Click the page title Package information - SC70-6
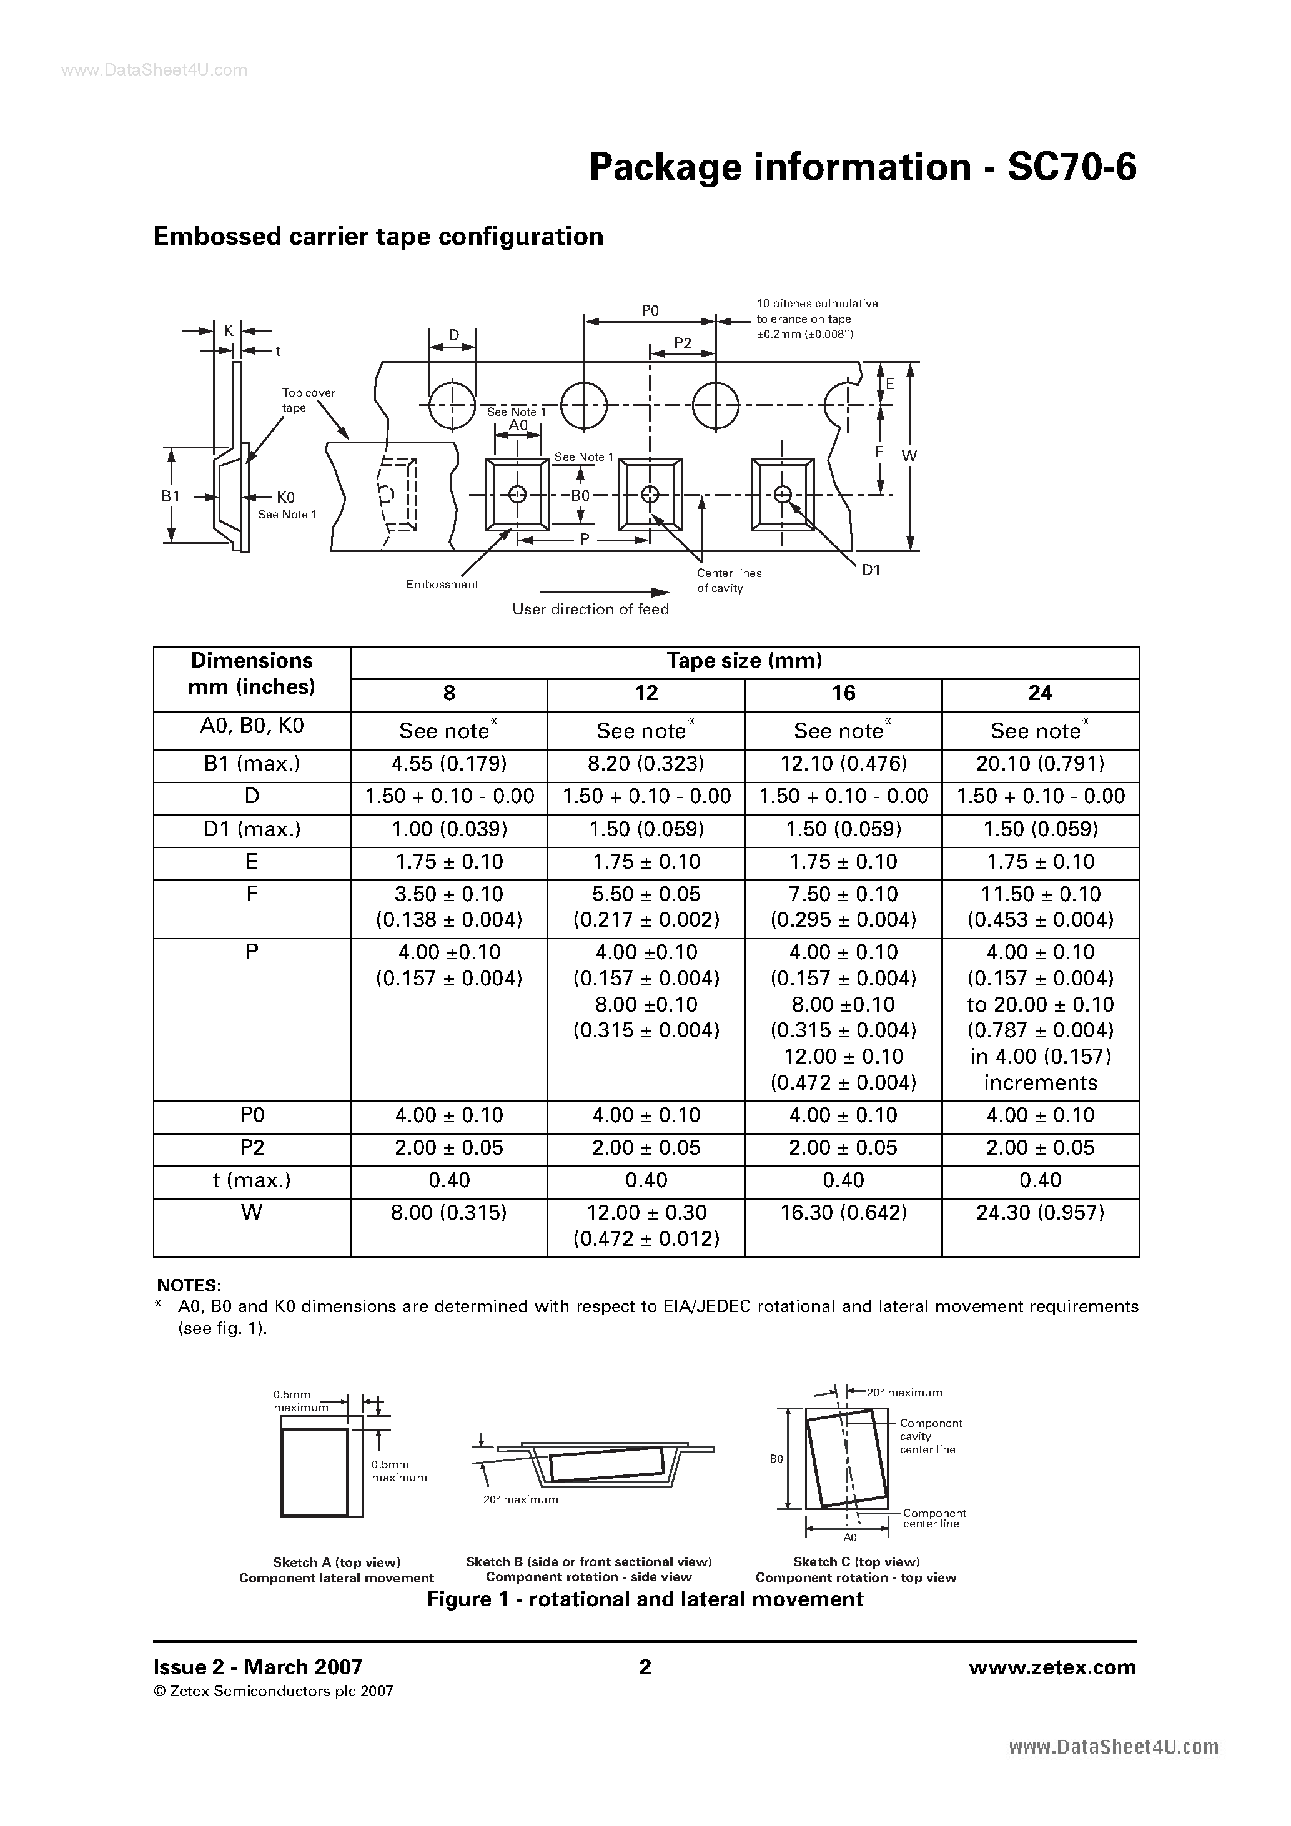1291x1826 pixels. (x=863, y=168)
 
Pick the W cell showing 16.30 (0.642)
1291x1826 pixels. (x=843, y=1213)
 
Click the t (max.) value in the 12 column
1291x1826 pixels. (x=646, y=1180)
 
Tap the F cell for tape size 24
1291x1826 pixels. (x=1040, y=907)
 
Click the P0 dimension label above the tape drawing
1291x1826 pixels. (x=650, y=311)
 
